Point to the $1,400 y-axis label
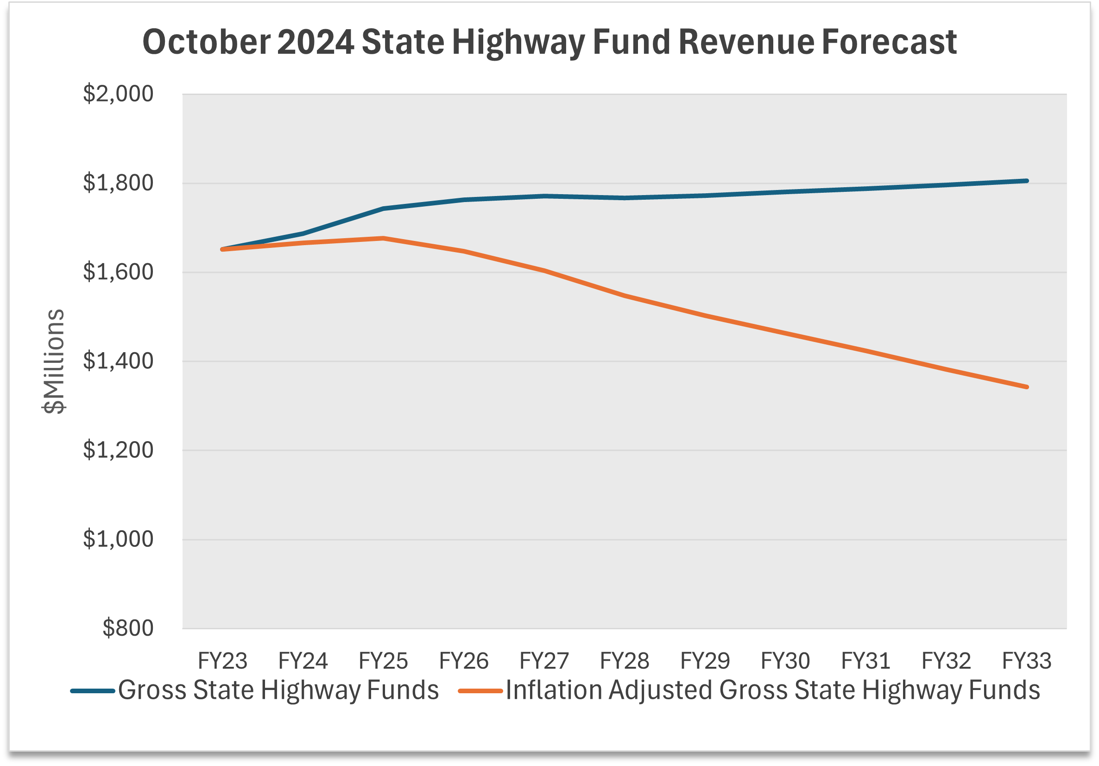click(x=118, y=361)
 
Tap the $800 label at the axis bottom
click(x=128, y=628)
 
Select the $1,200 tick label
click(x=118, y=450)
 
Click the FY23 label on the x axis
click(x=222, y=661)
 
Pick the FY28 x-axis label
click(x=624, y=661)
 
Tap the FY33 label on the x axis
click(x=1026, y=661)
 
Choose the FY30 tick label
click(x=785, y=661)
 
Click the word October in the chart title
click(x=206, y=42)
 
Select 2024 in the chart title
click(x=316, y=42)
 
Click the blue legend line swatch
click(x=93, y=691)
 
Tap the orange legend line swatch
click(x=480, y=691)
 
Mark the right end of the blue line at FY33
click(x=1027, y=181)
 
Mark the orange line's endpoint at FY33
click(x=1027, y=387)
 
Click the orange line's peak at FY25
click(x=384, y=238)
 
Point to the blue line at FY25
click(x=384, y=209)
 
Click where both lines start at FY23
click(x=222, y=249)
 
